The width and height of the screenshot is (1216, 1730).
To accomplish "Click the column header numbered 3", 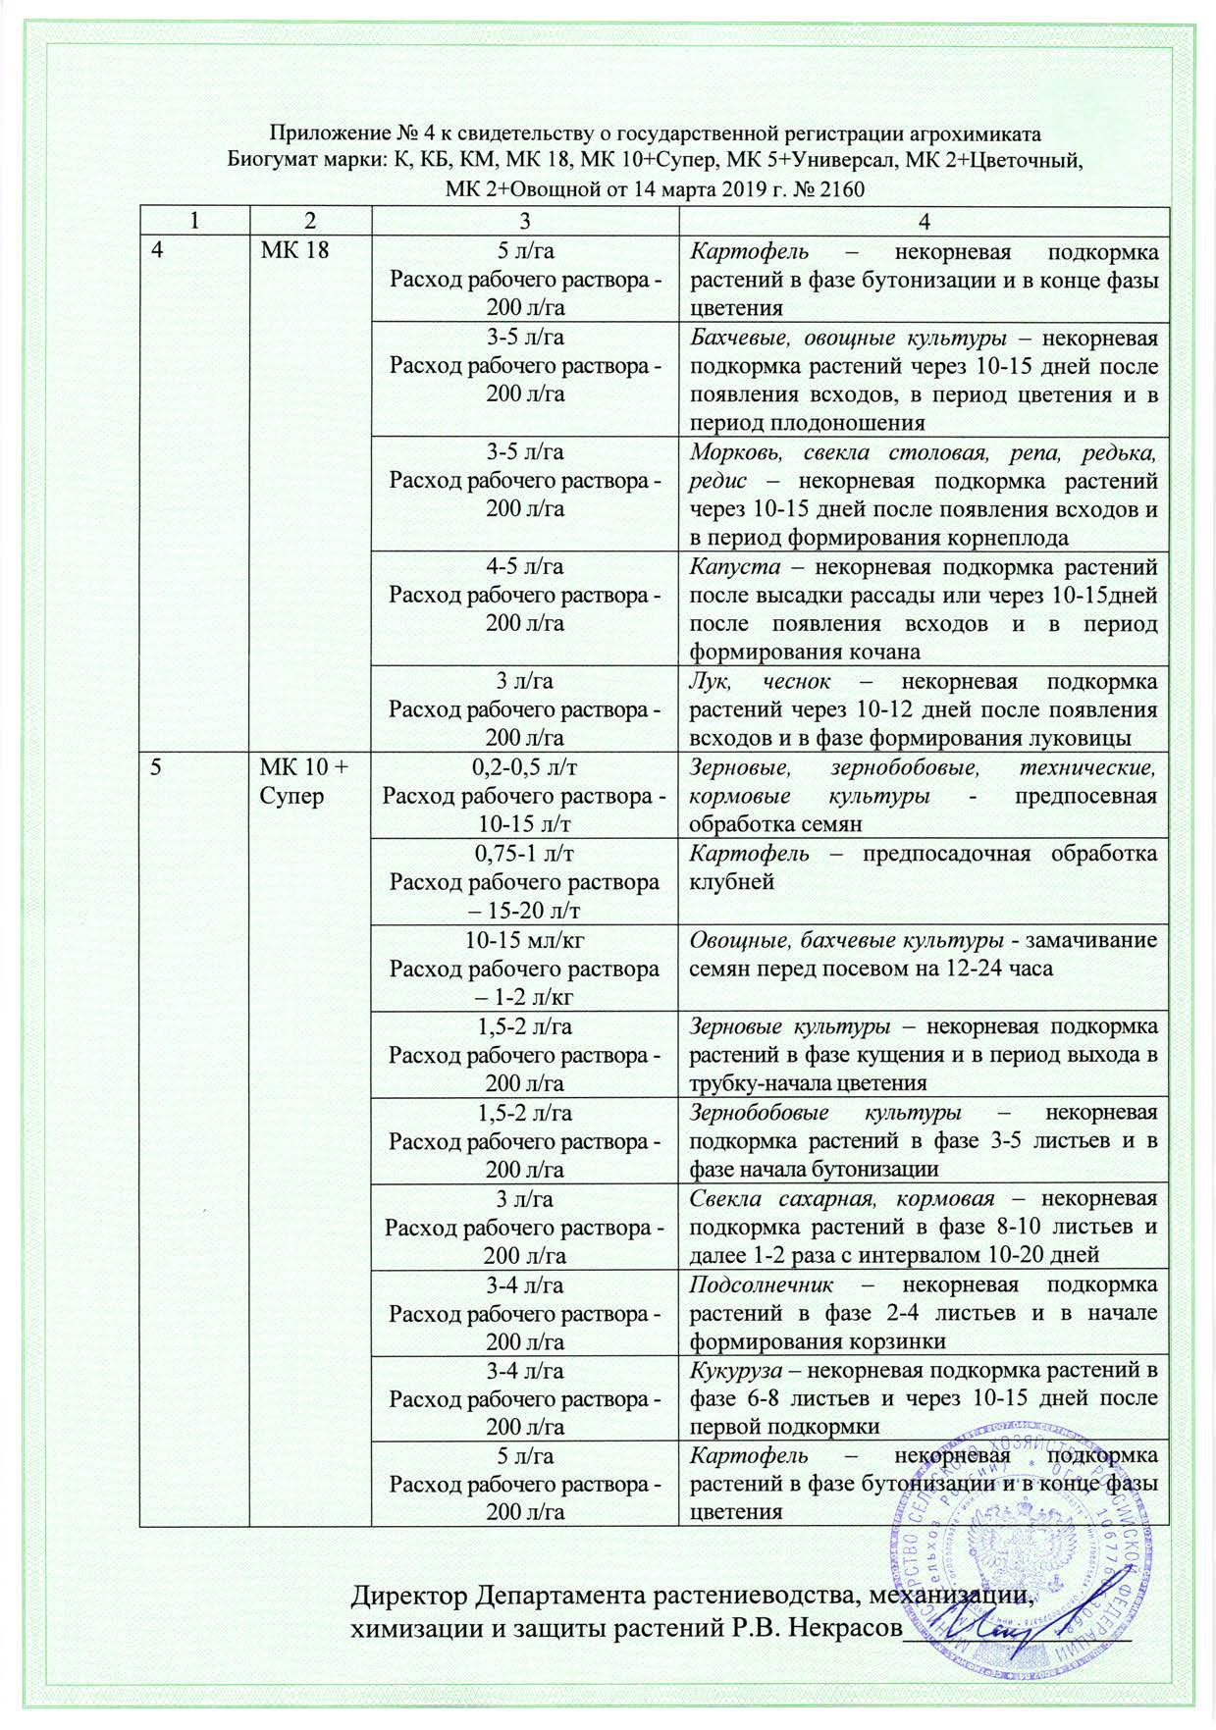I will click(x=524, y=222).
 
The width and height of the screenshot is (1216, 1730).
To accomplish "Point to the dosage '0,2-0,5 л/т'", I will click(x=524, y=766).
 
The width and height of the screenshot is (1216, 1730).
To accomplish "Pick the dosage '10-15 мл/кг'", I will click(x=524, y=940).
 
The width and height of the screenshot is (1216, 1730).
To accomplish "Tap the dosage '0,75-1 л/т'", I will click(x=524, y=854).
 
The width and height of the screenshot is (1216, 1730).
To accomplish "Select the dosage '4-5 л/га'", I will click(x=524, y=566).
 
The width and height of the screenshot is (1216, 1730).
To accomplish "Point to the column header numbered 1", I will click(x=193, y=222).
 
